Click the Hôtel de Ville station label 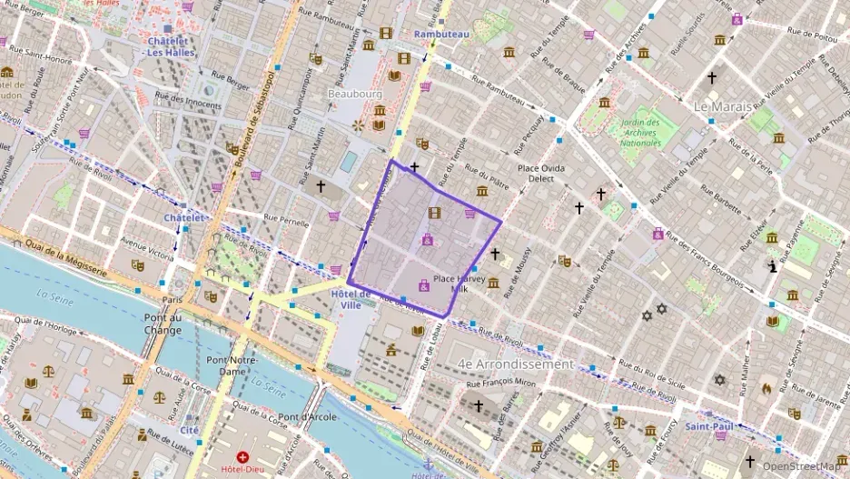coord(351,299)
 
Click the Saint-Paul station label coord(709,425)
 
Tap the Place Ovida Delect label coord(541,173)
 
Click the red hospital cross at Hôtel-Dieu coord(242,456)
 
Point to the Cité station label coord(189,430)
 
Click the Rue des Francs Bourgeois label coord(708,260)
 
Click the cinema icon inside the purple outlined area coord(435,214)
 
